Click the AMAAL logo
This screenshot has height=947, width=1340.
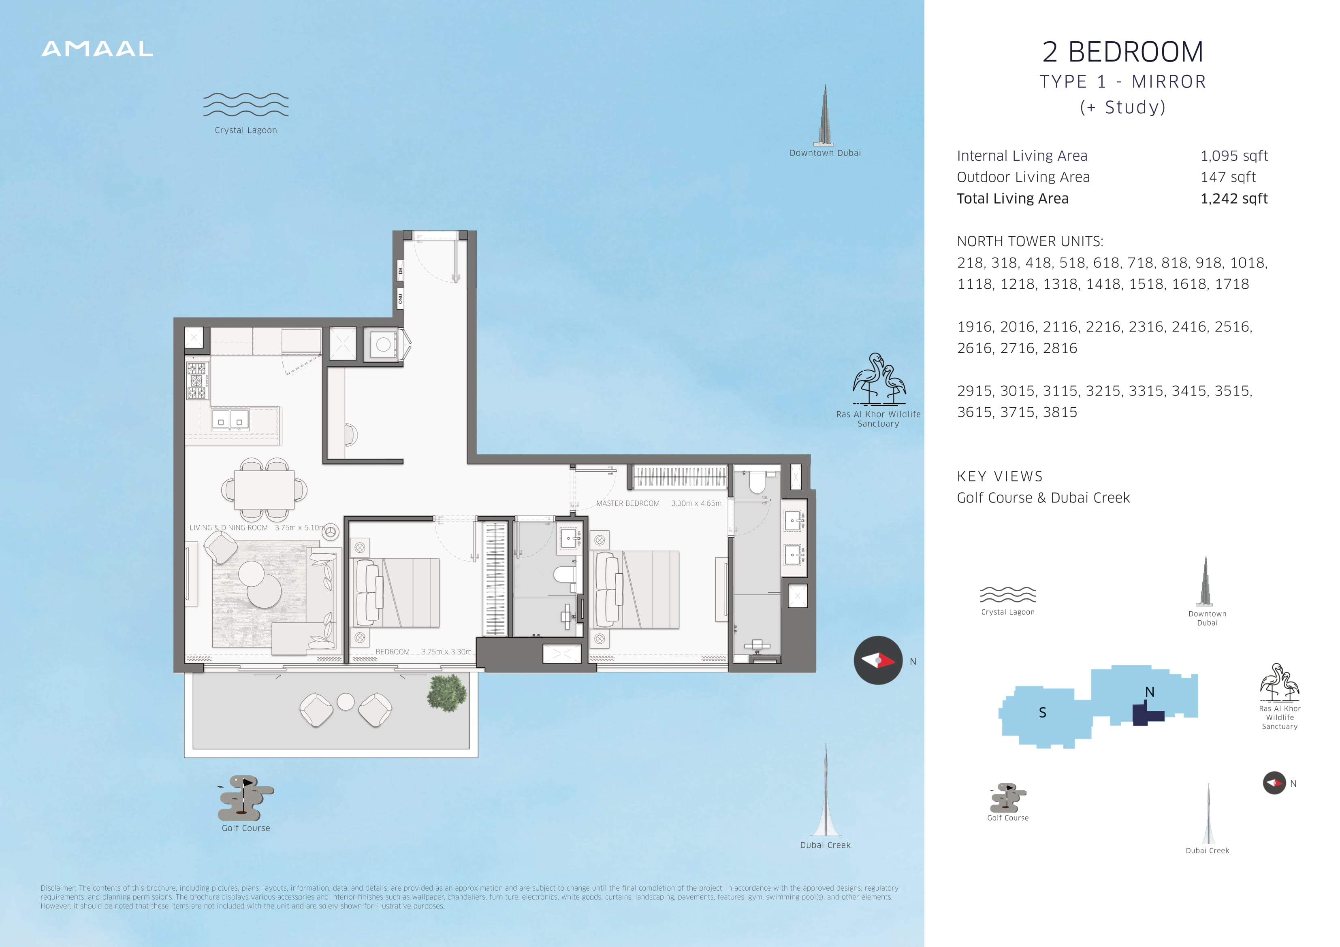click(x=98, y=49)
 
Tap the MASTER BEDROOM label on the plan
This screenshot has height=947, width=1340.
click(x=627, y=504)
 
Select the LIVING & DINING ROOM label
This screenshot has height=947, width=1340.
click(x=229, y=528)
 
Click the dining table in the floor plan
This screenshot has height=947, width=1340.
click(x=265, y=489)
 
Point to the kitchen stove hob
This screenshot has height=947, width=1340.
click(x=197, y=381)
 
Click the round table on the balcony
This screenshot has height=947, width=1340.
click(x=346, y=701)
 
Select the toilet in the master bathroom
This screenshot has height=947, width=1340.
click(x=757, y=482)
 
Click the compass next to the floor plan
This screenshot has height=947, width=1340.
click(x=878, y=660)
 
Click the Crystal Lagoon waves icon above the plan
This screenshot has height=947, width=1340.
click(x=246, y=104)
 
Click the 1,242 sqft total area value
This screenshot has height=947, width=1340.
click(x=1234, y=198)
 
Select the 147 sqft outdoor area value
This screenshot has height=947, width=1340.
click(x=1228, y=177)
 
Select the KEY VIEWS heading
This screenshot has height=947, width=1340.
click(x=1000, y=476)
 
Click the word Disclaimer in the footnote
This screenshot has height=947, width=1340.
click(x=58, y=888)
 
